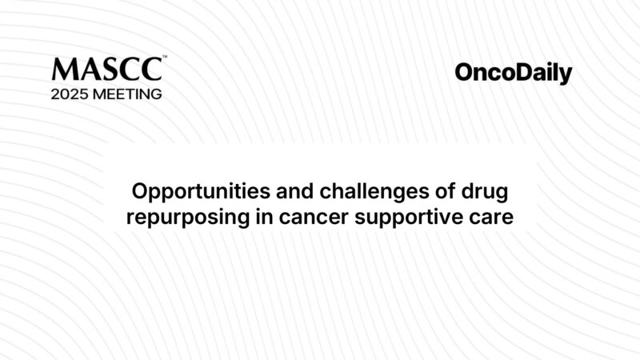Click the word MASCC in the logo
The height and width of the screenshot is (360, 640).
[106, 69]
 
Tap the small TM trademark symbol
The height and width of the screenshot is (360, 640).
[165, 57]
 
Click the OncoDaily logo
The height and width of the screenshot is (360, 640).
[514, 74]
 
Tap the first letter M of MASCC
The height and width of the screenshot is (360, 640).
[63, 69]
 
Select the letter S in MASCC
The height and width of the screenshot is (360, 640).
[109, 69]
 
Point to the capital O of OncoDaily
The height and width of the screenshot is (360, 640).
[465, 73]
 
